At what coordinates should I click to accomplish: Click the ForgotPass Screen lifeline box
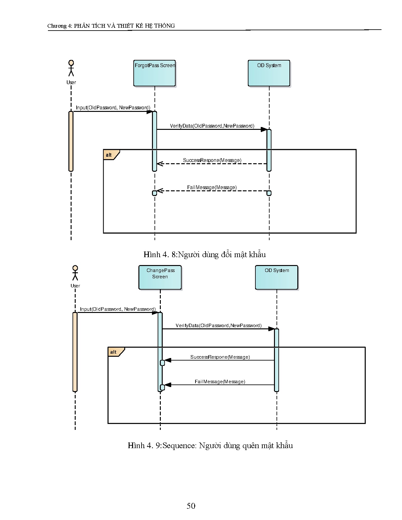point(154,73)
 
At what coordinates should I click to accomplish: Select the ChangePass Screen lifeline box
point(160,277)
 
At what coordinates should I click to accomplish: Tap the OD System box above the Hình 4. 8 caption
point(269,73)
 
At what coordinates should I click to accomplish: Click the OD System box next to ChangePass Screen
point(277,277)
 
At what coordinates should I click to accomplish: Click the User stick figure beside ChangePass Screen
point(75,273)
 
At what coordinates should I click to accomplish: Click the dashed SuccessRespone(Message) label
point(212,160)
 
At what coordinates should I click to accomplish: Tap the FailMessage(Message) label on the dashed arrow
point(212,188)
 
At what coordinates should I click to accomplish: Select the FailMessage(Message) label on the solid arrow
point(220,382)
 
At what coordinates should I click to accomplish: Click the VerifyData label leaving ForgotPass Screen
point(212,126)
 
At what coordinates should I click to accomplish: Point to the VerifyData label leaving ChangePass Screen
point(218,326)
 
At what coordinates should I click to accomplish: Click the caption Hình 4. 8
point(205,254)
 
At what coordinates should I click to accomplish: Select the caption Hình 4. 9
point(210,445)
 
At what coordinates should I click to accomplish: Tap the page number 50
point(191,506)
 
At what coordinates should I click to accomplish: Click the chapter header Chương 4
point(111,26)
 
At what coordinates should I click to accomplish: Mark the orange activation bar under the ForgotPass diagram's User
point(71,141)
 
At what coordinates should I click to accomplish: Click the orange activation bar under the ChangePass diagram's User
point(75,352)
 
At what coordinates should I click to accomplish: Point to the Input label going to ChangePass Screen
point(118,309)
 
